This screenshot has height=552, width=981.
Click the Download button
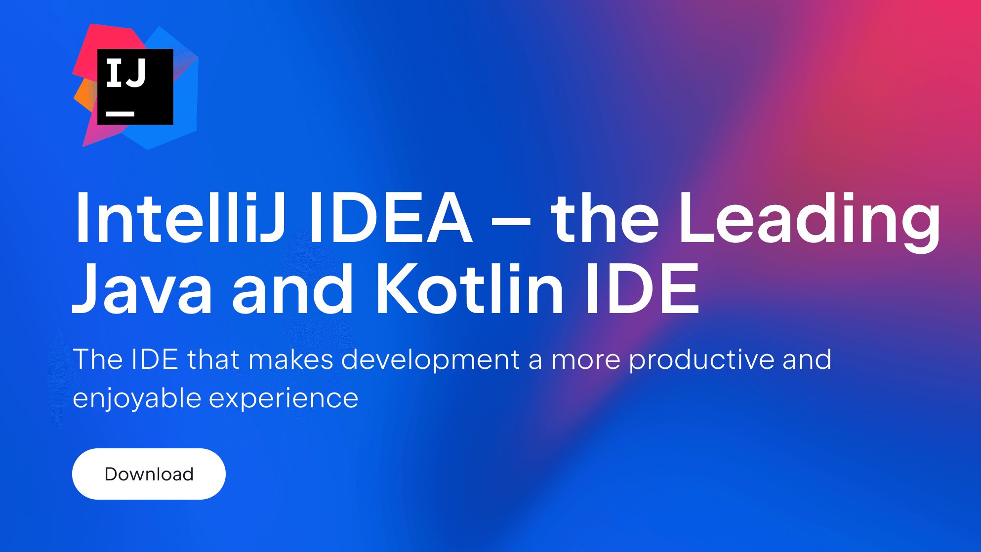pos(149,474)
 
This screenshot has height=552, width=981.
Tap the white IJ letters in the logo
pos(126,73)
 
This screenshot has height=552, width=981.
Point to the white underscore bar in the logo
pos(120,114)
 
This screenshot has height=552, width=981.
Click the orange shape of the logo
pos(85,95)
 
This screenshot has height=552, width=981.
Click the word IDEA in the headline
pos(391,218)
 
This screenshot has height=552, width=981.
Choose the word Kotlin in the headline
pos(470,288)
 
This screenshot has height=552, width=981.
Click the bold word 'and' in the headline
pos(292,288)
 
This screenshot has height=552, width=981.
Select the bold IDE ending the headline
pos(643,288)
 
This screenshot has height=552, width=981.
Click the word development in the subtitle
pos(430,360)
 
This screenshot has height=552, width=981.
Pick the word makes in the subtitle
pos(290,359)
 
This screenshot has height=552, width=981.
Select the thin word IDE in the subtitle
pos(155,359)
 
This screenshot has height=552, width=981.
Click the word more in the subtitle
pos(586,362)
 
